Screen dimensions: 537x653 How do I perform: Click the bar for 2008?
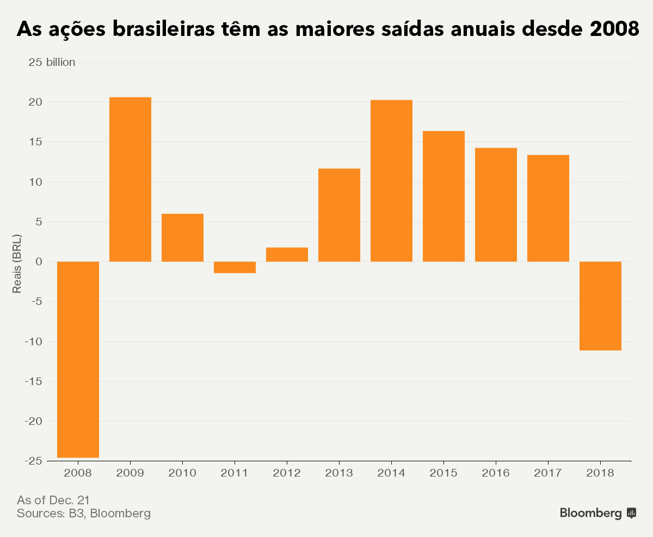[78, 359]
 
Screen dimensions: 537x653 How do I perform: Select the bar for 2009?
[130, 179]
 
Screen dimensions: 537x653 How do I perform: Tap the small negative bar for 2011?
[235, 267]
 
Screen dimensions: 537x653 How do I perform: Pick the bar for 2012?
[287, 254]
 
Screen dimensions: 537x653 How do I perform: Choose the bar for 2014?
[391, 181]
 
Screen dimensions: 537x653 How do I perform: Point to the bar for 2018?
[600, 306]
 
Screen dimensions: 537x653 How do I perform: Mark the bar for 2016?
[496, 205]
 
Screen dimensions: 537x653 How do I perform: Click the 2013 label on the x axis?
[339, 473]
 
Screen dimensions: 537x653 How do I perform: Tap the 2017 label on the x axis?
[548, 473]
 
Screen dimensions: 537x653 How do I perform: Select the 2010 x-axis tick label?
[182, 473]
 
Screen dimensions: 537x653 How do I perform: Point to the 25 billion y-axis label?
[51, 62]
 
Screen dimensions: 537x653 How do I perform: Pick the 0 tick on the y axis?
[38, 262]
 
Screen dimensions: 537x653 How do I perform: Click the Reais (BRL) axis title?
[17, 264]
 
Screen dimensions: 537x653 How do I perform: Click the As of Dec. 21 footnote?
[53, 499]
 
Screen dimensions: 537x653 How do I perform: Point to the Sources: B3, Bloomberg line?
[84, 514]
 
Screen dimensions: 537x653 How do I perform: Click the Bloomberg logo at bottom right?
[597, 513]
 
